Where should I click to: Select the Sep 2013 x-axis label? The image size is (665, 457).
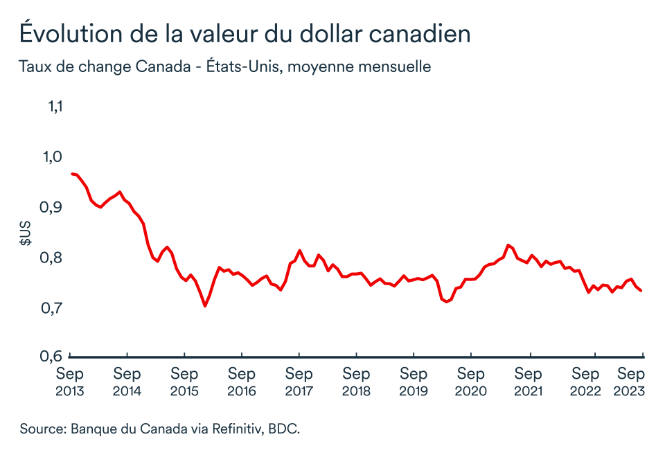(70, 382)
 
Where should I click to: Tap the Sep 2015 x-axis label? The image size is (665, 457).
(184, 382)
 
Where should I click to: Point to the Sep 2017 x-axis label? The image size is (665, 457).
(299, 382)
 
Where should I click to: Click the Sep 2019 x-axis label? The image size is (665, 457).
(414, 382)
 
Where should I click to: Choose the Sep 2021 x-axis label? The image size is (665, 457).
(528, 382)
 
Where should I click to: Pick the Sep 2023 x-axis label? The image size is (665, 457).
(630, 382)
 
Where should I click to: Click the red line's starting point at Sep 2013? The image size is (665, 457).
(71, 174)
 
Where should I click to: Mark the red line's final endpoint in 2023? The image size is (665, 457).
(641, 291)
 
